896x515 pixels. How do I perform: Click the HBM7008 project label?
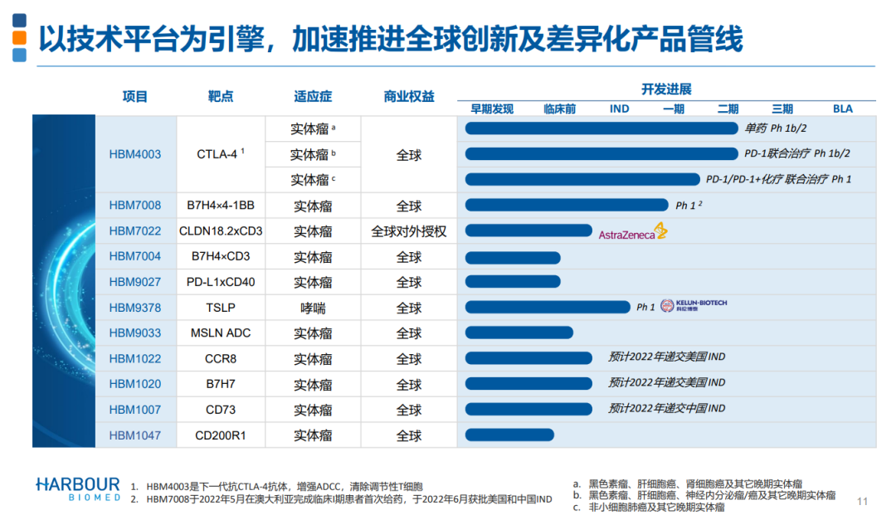(135, 206)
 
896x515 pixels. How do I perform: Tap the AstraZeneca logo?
(633, 233)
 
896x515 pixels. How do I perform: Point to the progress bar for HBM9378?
(548, 308)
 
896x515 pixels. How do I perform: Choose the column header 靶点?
(221, 97)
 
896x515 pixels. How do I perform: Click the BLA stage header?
(843, 109)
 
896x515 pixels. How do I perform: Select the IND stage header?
(619, 109)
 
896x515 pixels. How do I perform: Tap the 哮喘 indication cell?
(313, 309)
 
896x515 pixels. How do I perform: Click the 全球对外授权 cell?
(408, 231)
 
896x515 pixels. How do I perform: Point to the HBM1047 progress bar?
(509, 435)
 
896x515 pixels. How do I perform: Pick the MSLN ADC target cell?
(220, 333)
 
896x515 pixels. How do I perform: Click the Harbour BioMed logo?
(78, 488)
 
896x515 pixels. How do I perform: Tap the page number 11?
(862, 501)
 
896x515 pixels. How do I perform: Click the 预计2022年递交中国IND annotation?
(666, 409)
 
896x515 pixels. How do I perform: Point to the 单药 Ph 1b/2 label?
(776, 129)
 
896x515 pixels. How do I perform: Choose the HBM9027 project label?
(135, 283)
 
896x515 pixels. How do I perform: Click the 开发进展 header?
(666, 90)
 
